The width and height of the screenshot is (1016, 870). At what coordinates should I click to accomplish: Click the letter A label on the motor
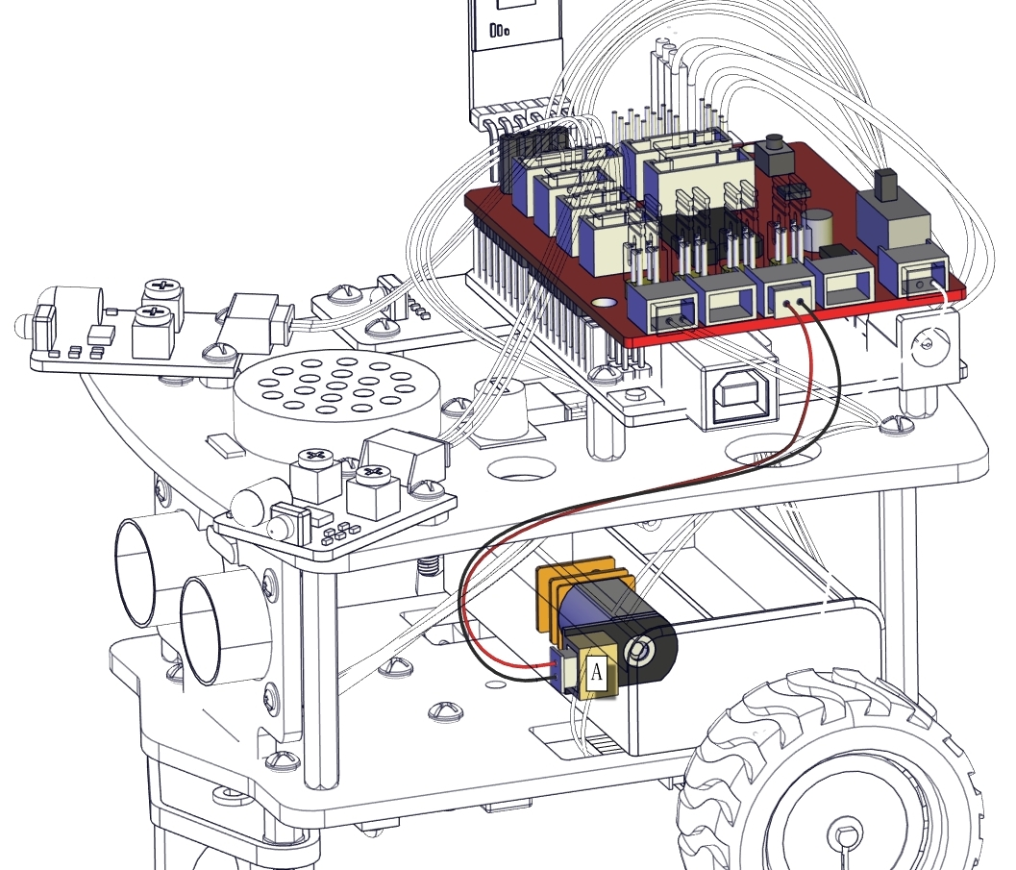tap(597, 672)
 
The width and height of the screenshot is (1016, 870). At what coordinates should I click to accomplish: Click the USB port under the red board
tap(739, 395)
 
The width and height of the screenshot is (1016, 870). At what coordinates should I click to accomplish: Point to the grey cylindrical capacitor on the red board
tap(817, 229)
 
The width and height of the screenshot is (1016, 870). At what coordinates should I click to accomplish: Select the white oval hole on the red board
tap(604, 302)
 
